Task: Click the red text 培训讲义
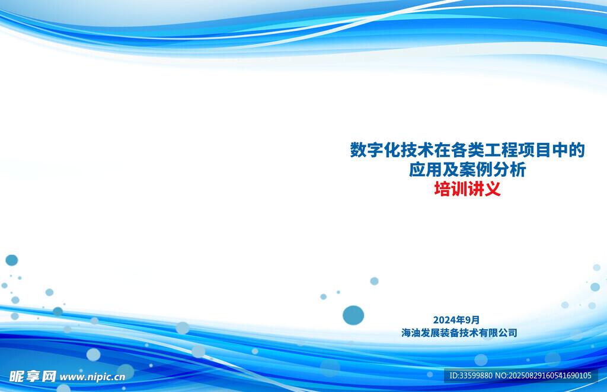pyautogui.click(x=467, y=189)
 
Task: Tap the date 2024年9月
pyautogui.click(x=456, y=320)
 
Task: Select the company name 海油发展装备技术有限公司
pyautogui.click(x=459, y=333)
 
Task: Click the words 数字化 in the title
pyautogui.click(x=375, y=150)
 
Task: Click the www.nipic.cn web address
pyautogui.click(x=92, y=377)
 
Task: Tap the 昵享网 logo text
pyautogui.click(x=33, y=376)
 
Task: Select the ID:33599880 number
pyautogui.click(x=471, y=375)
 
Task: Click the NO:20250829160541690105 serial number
pyautogui.click(x=543, y=375)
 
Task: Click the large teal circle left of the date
pyautogui.click(x=353, y=315)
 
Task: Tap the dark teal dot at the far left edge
pyautogui.click(x=12, y=260)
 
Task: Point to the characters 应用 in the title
pyautogui.click(x=426, y=170)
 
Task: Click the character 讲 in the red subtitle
pyautogui.click(x=476, y=189)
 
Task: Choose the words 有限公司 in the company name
pyautogui.click(x=498, y=333)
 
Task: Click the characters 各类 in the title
pyautogui.click(x=451, y=150)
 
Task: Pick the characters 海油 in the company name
pyautogui.click(x=411, y=333)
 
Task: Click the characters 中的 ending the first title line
pyautogui.click(x=568, y=150)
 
